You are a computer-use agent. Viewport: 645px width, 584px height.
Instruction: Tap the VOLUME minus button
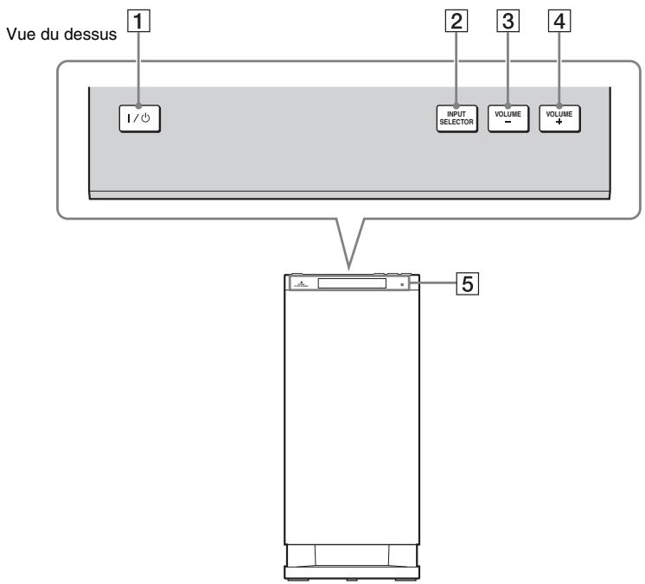point(507,119)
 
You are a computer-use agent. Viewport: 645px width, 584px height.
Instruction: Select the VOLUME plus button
point(559,119)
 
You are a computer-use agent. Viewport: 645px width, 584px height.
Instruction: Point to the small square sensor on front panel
point(403,283)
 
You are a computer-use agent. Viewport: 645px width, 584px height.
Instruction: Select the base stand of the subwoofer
point(353,571)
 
